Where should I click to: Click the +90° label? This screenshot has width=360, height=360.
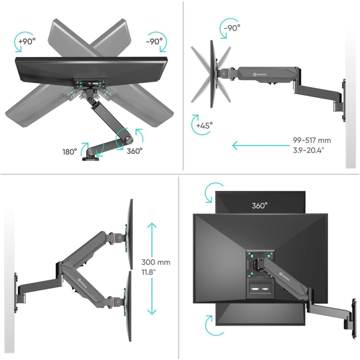click(x=27, y=41)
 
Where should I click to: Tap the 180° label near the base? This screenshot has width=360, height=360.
click(x=69, y=151)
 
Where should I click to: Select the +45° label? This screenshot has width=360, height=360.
click(x=204, y=126)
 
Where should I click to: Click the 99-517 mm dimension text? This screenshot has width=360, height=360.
click(x=311, y=140)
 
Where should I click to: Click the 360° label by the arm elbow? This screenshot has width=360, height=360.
click(x=135, y=151)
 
